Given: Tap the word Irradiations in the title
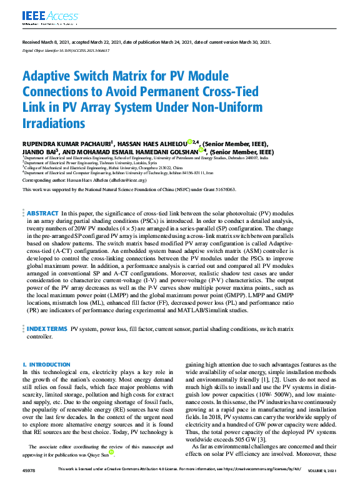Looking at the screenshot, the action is tap(53, 122).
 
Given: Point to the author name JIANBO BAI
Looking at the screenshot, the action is tap(40, 152).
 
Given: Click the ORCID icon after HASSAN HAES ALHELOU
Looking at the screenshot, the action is tap(189, 142).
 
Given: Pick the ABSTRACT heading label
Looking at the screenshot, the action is tap(43, 214).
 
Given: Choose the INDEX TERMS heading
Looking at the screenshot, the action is tap(47, 328).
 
